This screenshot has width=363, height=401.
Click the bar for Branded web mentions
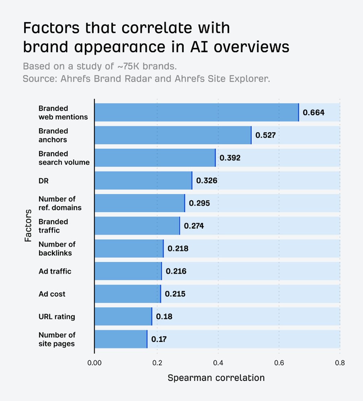(196, 113)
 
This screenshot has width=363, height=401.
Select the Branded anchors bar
(173, 135)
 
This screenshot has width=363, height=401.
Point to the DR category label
(43, 181)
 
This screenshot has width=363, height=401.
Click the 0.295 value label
(199, 204)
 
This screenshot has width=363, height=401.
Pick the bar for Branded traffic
(137, 226)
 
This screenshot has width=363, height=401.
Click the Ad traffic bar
(128, 271)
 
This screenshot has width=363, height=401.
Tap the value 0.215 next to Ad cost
(175, 294)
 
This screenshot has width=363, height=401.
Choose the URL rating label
(57, 317)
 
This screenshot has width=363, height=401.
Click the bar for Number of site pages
(121, 339)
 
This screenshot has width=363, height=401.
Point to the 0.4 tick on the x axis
(218, 363)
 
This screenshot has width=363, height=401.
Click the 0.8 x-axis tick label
(340, 363)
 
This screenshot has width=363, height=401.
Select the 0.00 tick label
(95, 363)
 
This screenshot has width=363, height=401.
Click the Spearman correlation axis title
(216, 378)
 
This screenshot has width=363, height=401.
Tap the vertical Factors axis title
(28, 226)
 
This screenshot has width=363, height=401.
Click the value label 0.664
(313, 113)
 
